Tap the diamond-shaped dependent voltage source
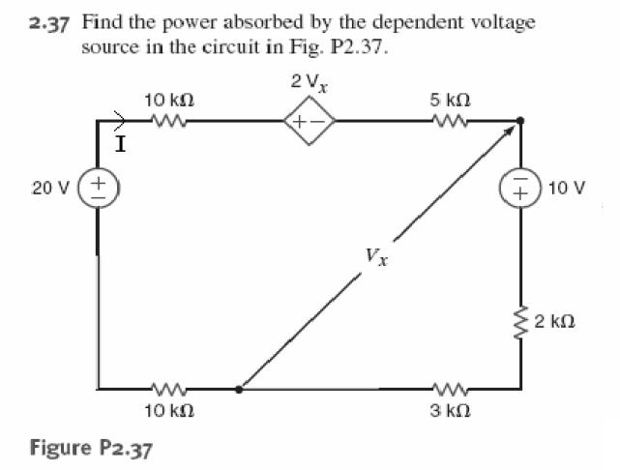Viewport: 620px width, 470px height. pos(308,122)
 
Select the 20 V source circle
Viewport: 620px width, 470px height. pos(98,187)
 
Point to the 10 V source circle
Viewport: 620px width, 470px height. pos(520,187)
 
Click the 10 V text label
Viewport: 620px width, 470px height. pos(566,187)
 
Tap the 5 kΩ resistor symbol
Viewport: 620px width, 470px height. pos(450,122)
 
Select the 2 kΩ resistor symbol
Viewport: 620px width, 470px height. pos(520,319)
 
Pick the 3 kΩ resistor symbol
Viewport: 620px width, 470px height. pos(450,390)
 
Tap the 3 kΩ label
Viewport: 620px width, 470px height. pos(450,411)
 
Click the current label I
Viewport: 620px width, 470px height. pos(120,146)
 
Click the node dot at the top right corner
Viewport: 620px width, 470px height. pos(520,122)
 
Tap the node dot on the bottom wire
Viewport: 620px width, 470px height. pos(239,390)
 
